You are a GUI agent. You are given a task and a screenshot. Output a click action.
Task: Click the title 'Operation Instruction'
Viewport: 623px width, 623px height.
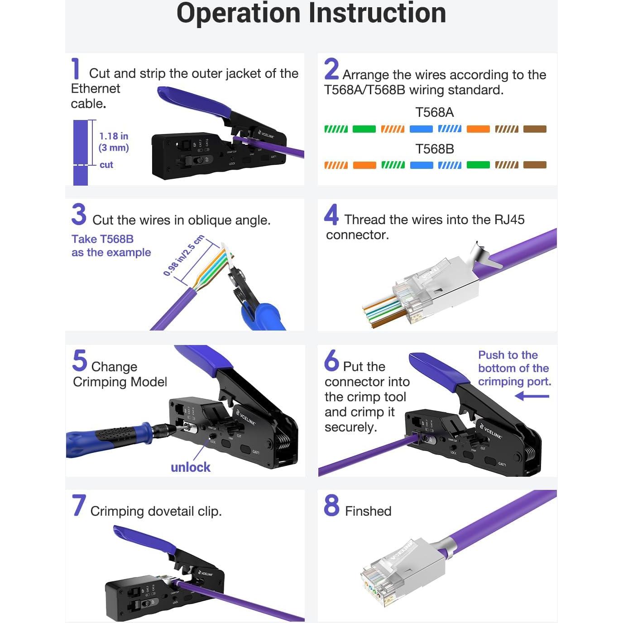[311, 14]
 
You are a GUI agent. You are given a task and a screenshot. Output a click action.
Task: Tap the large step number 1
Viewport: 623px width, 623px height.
[76, 69]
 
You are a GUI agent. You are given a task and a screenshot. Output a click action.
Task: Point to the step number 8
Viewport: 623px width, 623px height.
[331, 505]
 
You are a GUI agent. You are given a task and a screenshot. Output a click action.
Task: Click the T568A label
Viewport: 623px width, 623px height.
[434, 112]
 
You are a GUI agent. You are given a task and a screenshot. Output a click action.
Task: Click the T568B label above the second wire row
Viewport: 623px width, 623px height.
[434, 149]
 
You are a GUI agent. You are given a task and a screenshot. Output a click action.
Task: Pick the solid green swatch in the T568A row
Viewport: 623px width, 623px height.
[364, 129]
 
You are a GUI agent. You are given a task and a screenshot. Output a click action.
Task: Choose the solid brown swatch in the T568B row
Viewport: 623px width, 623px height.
[535, 165]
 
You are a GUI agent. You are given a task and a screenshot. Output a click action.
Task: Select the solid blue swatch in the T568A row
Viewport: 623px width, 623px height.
[421, 129]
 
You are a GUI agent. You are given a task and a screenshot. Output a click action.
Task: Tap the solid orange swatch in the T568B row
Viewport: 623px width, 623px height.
[364, 165]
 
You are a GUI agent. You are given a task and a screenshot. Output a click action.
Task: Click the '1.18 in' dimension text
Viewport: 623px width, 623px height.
[114, 136]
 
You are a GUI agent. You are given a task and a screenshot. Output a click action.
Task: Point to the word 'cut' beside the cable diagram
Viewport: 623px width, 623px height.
[106, 165]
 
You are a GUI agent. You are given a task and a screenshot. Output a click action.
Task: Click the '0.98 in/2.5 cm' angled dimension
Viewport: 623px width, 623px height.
[183, 256]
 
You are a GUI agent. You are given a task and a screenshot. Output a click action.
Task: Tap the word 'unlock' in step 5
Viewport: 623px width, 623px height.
[191, 467]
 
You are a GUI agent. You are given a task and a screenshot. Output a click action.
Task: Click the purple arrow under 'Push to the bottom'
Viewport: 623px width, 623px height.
[532, 397]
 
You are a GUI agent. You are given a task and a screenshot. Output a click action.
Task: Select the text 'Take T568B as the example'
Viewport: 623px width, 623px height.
[111, 246]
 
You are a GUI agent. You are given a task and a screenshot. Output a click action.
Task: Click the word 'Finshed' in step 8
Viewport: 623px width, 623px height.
[368, 511]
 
